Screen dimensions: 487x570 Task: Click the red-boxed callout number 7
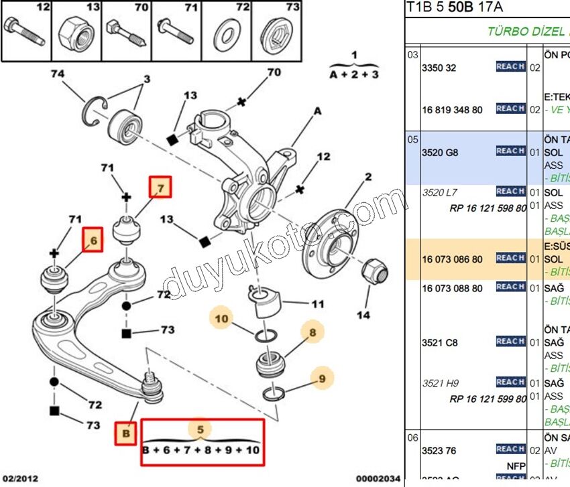160,187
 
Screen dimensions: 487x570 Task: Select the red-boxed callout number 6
93,240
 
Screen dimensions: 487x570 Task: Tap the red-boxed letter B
125,433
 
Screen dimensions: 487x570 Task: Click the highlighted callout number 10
222,319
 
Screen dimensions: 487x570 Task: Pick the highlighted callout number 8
312,331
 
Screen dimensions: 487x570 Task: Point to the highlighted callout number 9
322,378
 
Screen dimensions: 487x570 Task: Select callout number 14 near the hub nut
363,315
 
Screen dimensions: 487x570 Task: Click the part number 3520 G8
439,153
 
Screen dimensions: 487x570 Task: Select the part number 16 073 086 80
451,259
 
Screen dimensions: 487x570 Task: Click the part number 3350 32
439,68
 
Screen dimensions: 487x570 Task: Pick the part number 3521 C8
439,342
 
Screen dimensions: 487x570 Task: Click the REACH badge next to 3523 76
510,449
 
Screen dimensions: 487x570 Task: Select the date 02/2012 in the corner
19,478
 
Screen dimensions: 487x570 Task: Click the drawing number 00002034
378,478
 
